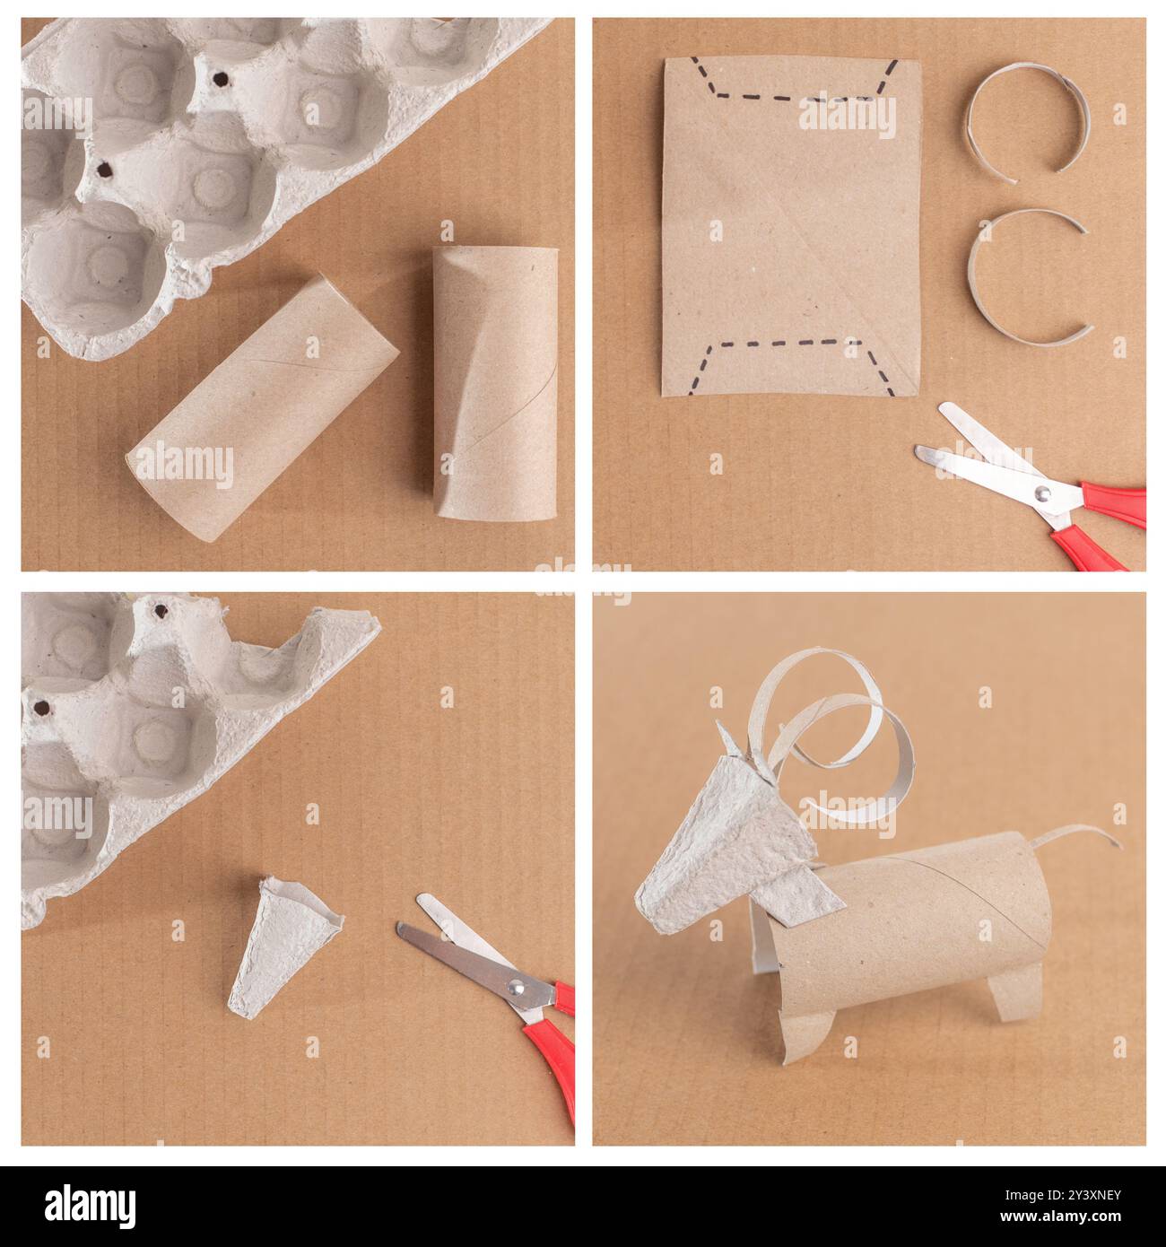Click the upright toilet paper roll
[494, 381]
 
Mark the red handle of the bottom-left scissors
[552, 1068]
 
